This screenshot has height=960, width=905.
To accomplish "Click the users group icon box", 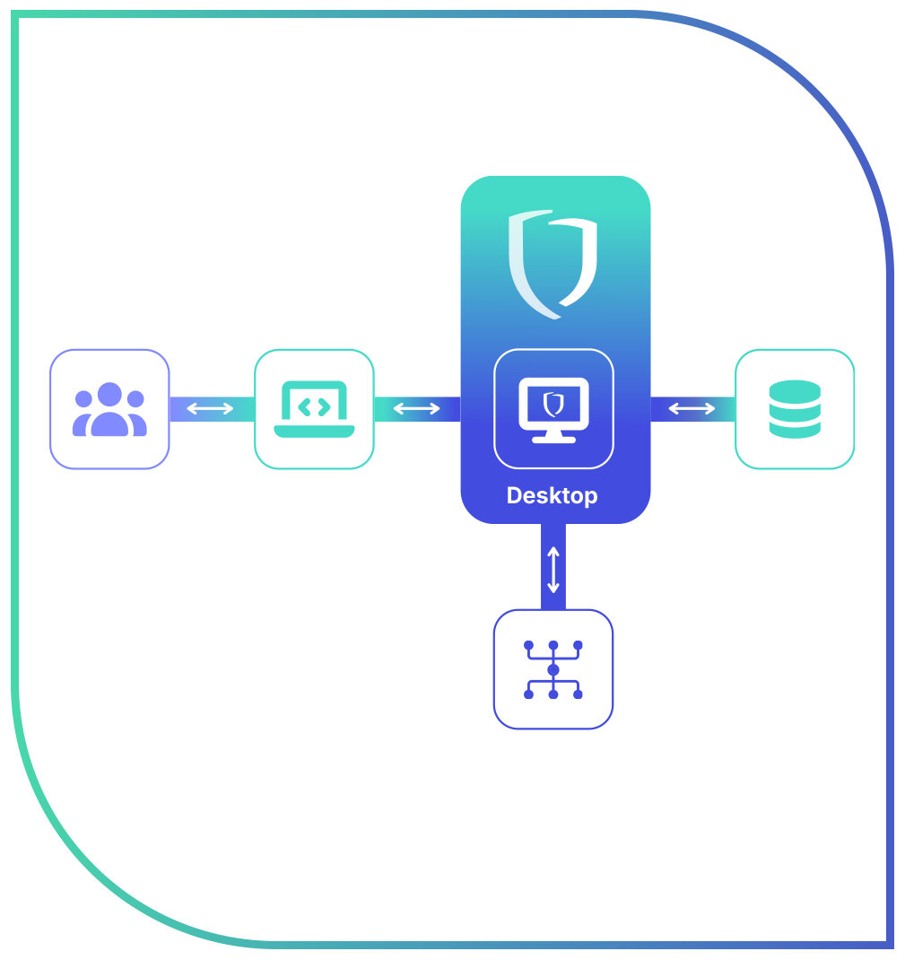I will (109, 409).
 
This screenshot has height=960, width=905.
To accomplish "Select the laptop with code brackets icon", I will (314, 409).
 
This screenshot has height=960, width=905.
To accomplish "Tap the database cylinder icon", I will (795, 409).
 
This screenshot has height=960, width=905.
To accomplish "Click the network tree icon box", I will (553, 669).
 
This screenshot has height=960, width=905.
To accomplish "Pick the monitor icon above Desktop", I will (553, 409).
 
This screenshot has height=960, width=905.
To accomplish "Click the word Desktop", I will (552, 495).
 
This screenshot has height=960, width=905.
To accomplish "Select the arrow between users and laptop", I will (210, 409).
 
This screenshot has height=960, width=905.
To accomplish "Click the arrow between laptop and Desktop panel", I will (417, 409).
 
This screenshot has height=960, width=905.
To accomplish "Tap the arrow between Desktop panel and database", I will (692, 409).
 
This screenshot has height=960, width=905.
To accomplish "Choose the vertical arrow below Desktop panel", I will (553, 569).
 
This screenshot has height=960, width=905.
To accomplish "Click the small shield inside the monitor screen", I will (553, 404).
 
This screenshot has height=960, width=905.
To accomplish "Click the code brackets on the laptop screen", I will (314, 406).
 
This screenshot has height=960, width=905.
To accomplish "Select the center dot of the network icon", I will (553, 670).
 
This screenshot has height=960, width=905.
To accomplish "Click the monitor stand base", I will (553, 439).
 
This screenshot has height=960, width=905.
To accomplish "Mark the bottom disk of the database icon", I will (795, 429).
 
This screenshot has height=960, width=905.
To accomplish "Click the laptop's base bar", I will (314, 432).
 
